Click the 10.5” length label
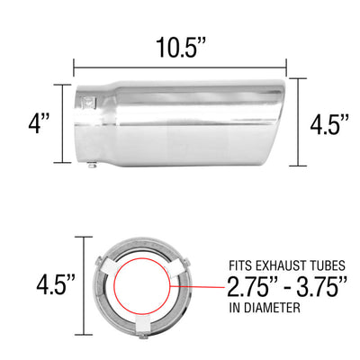click(x=180, y=45)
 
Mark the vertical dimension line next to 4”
click(x=63, y=123)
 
